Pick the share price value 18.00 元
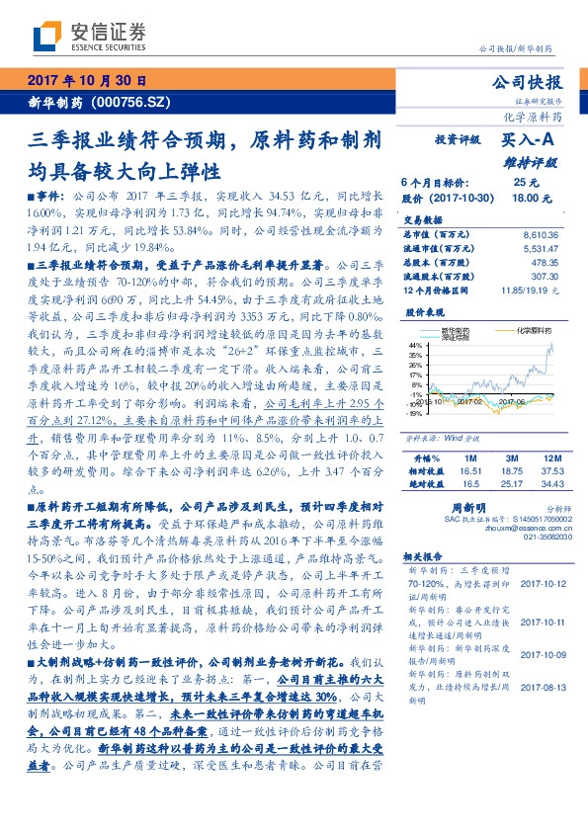tap(525, 198)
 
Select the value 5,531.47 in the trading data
tap(541, 250)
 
